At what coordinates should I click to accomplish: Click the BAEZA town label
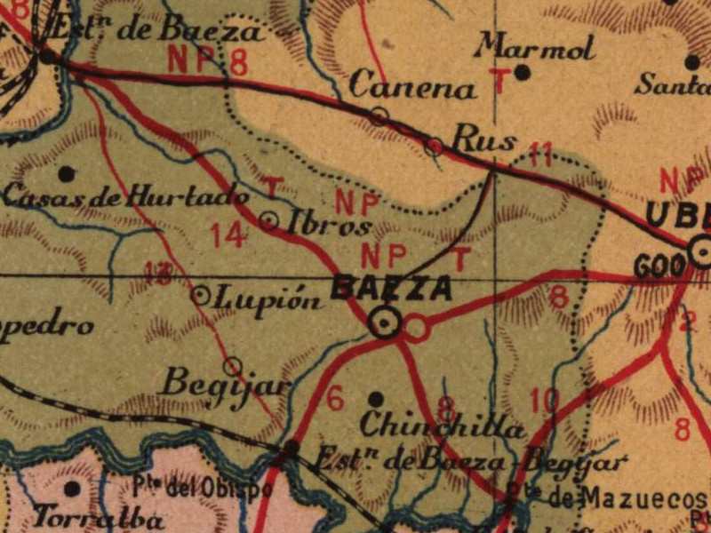(x=390, y=289)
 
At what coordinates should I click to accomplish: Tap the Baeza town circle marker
(x=385, y=323)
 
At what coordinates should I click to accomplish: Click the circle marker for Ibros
(x=270, y=220)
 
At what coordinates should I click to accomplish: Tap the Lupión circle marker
(x=202, y=295)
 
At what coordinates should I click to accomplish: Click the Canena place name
(x=412, y=88)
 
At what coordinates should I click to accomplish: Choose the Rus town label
(x=484, y=139)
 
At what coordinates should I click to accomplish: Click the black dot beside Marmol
(x=523, y=72)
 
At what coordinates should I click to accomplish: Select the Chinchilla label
(x=443, y=426)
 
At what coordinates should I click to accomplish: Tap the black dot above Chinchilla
(x=376, y=399)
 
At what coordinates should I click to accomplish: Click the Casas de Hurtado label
(x=126, y=196)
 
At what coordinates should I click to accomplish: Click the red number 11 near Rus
(x=539, y=155)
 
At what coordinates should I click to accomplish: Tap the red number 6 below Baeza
(x=334, y=399)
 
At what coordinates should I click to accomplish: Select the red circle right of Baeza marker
(x=415, y=329)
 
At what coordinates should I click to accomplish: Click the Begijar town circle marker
(x=233, y=365)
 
